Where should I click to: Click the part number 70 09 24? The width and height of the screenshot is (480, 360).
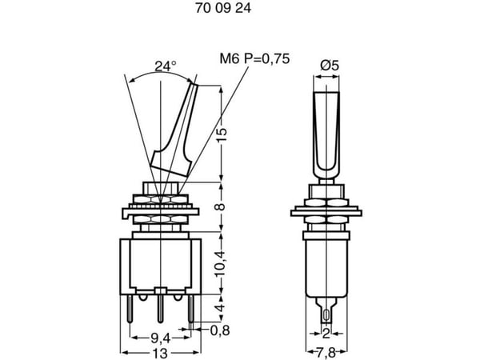point(223,8)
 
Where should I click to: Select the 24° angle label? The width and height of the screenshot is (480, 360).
point(166,66)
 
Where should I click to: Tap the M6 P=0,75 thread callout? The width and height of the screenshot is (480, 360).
point(254,58)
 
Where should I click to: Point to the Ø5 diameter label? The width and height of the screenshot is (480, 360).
point(330,66)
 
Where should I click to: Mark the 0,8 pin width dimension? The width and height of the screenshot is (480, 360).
point(220,330)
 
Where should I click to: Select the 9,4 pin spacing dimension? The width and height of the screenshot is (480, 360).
point(160,338)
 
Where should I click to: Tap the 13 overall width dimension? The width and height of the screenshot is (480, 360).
point(160,354)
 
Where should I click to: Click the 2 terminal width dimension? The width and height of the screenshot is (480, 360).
point(326,333)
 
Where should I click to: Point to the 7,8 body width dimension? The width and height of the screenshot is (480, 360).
point(326,354)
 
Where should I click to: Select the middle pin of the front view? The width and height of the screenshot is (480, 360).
point(160,309)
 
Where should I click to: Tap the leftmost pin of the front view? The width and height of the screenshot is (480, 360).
point(130,309)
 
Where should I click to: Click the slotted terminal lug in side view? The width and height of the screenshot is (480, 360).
point(326,310)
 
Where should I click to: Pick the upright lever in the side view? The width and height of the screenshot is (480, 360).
point(326,134)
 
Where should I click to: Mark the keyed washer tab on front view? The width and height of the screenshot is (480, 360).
point(126,214)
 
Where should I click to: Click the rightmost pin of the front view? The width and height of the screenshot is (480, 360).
point(191,309)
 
